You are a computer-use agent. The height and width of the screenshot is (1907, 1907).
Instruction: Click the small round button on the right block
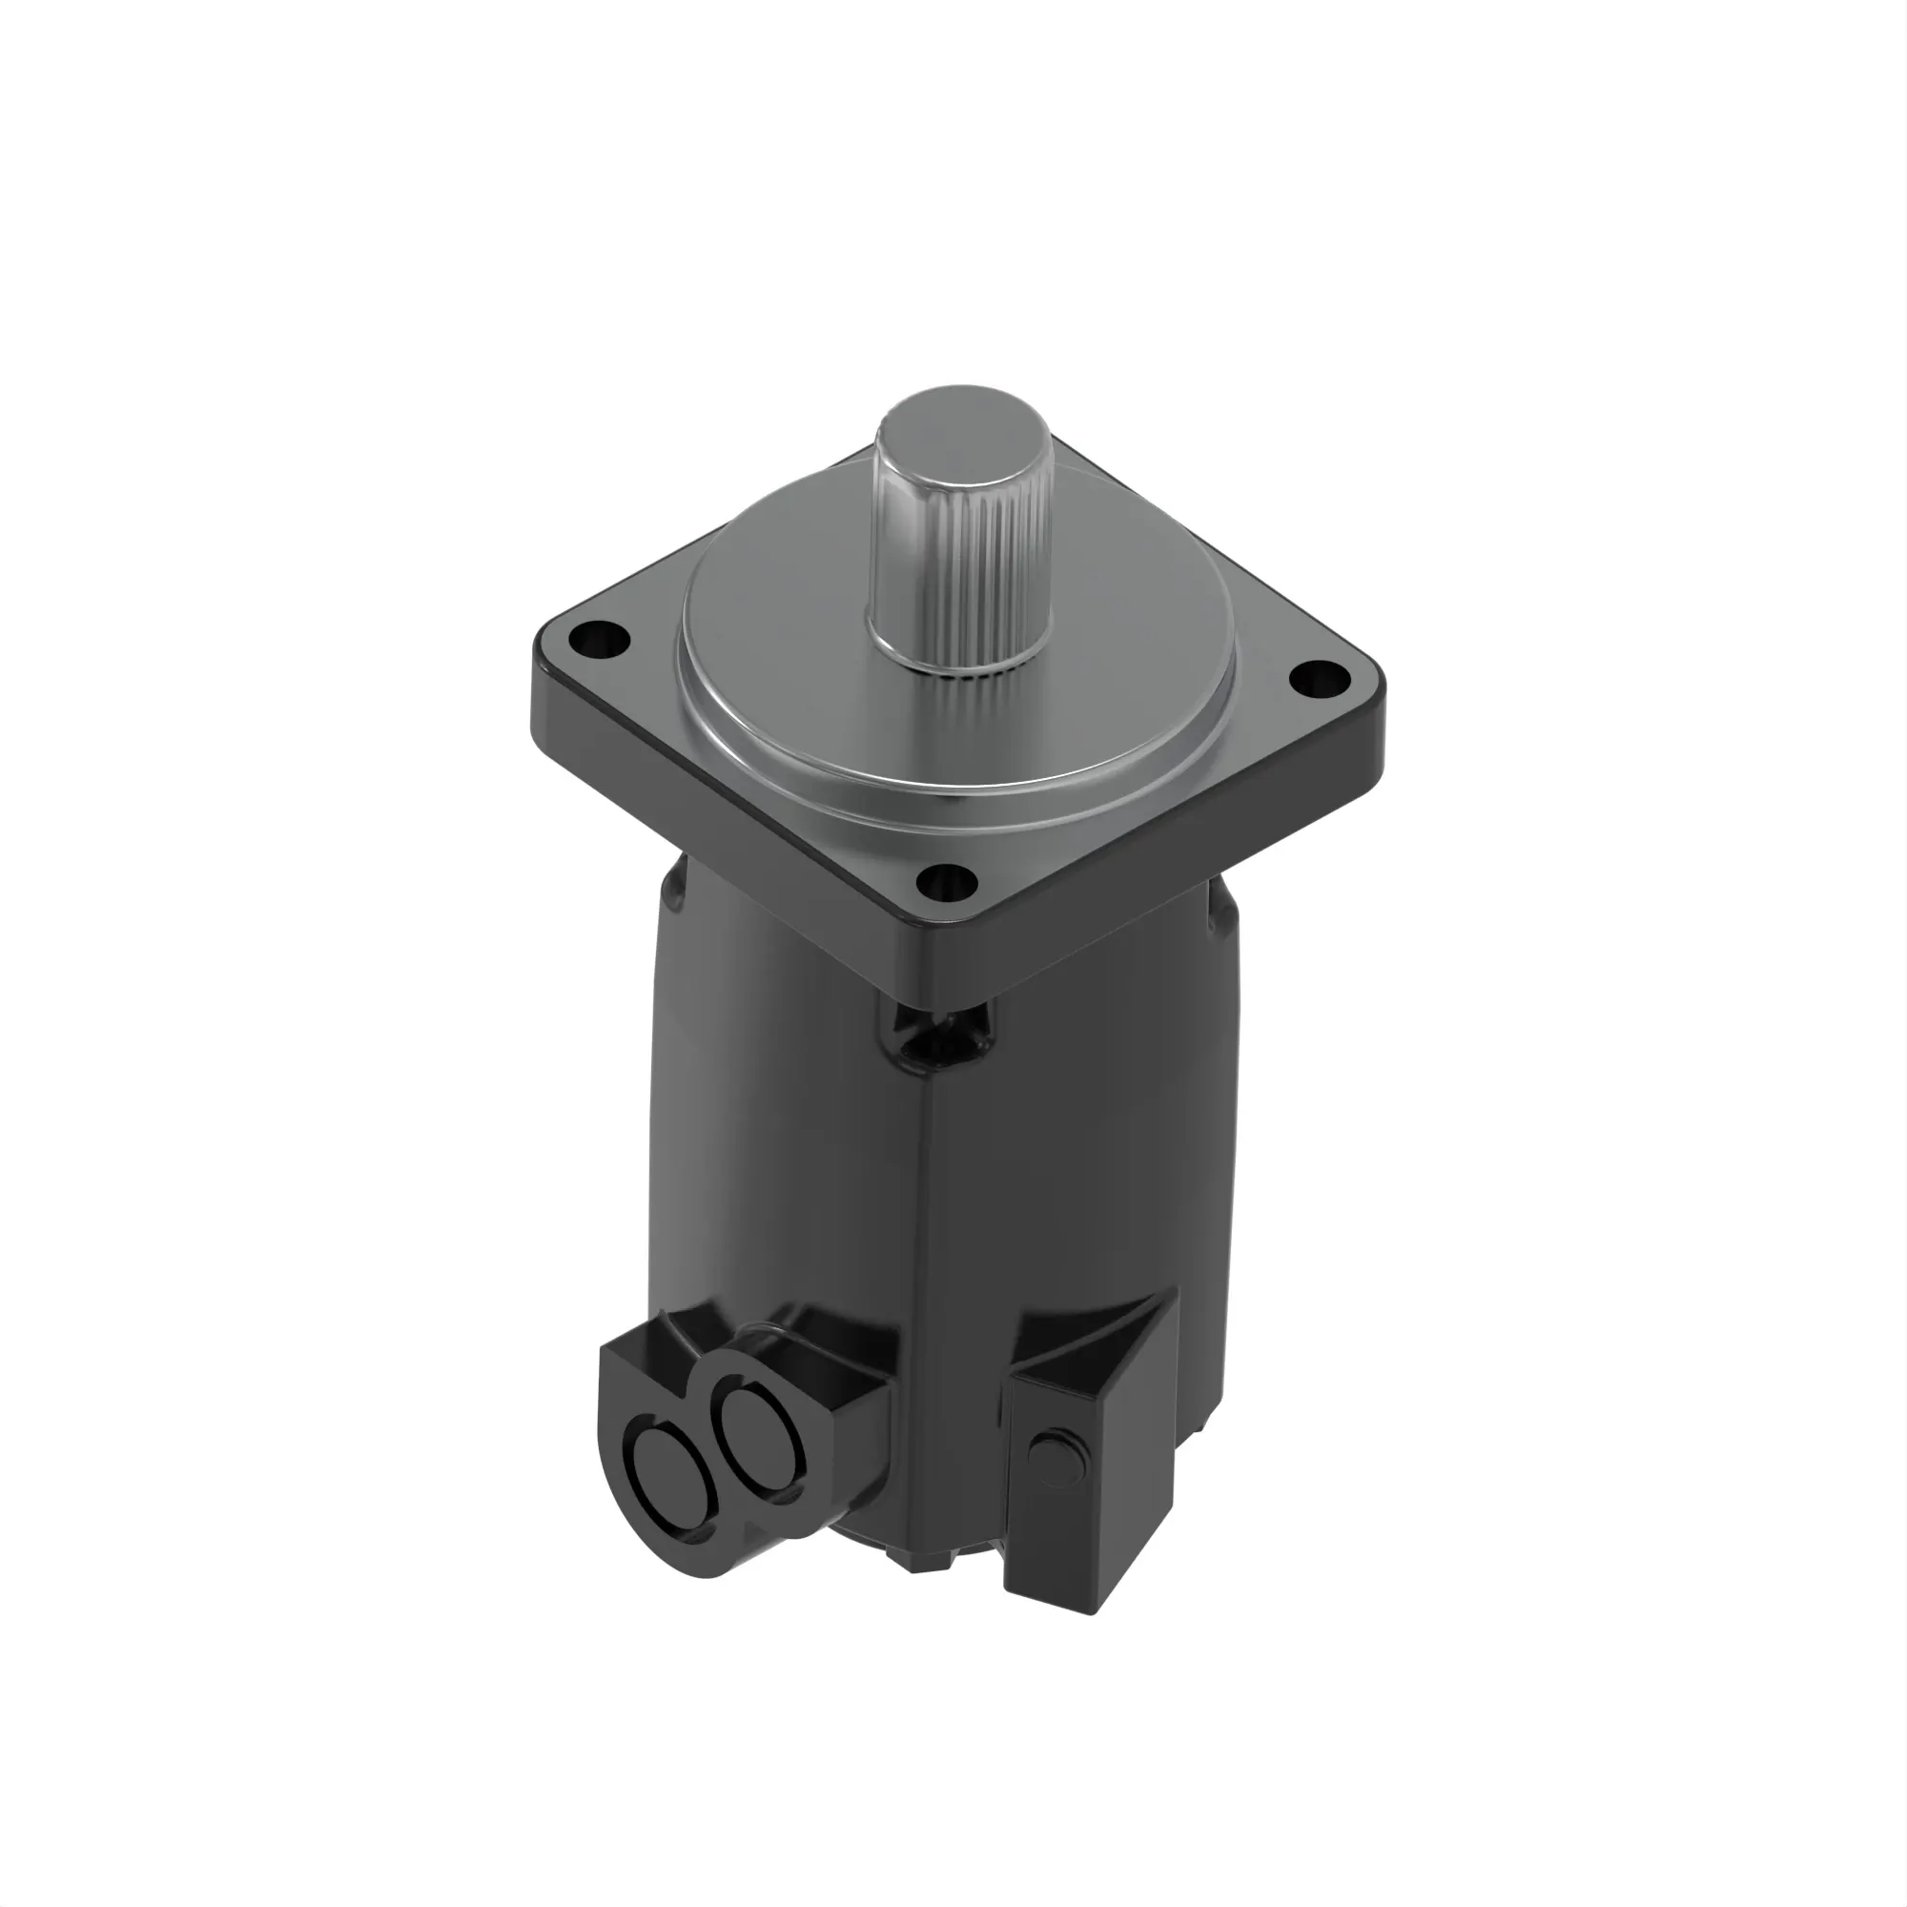pos(1051,1453)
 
